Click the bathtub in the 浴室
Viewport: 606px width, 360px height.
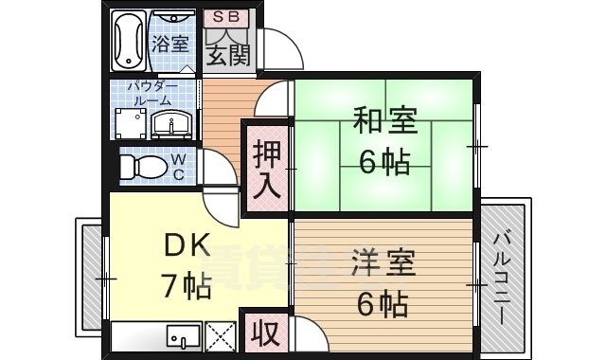(x=130, y=42)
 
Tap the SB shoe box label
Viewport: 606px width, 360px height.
(x=226, y=17)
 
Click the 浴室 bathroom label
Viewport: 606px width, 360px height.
(x=171, y=44)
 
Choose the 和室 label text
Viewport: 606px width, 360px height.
(x=383, y=122)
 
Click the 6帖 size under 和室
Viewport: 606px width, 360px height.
(x=383, y=162)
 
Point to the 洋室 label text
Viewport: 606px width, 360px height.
(x=383, y=264)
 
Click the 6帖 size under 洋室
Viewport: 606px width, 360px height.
(x=383, y=304)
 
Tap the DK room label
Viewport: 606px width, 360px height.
(x=187, y=244)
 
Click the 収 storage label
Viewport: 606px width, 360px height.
(x=265, y=333)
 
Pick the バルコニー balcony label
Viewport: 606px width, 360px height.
(x=502, y=278)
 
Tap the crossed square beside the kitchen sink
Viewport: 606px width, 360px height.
(x=222, y=335)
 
